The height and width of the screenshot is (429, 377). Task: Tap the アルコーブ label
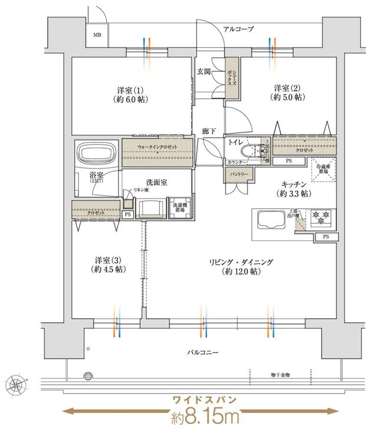(239, 28)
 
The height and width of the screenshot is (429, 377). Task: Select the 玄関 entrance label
(204, 71)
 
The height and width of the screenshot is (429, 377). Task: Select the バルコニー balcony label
(203, 352)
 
